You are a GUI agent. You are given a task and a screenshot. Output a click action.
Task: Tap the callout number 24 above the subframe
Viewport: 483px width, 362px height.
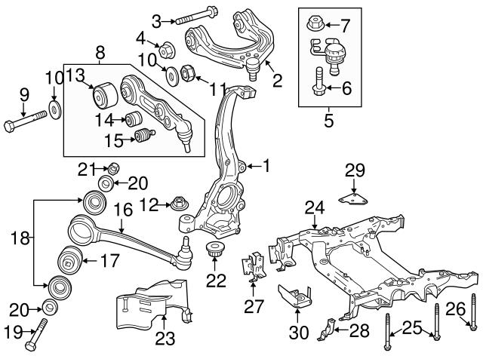coord(315,207)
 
